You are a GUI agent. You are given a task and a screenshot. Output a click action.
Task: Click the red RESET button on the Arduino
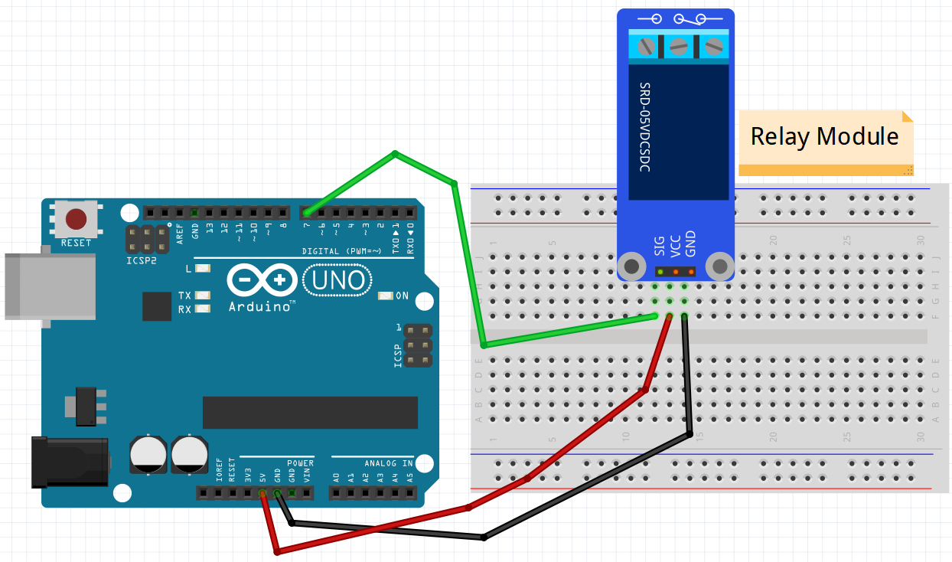(x=76, y=219)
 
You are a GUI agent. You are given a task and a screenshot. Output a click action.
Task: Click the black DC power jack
(x=69, y=461)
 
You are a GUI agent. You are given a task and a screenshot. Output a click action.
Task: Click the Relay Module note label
(x=824, y=136)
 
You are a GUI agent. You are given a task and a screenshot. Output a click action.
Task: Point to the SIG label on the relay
(x=659, y=245)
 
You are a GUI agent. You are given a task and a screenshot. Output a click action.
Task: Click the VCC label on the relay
(x=675, y=245)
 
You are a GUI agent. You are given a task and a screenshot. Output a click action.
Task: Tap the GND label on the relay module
(x=690, y=245)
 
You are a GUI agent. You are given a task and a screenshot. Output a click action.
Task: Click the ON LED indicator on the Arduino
(x=385, y=296)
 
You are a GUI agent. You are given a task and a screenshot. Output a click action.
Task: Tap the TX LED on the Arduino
(x=203, y=296)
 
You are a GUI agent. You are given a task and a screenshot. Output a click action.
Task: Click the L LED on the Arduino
(x=203, y=269)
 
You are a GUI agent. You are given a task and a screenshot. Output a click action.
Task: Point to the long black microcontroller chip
(x=310, y=413)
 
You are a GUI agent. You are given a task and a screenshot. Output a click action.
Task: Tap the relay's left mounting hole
(x=632, y=266)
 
